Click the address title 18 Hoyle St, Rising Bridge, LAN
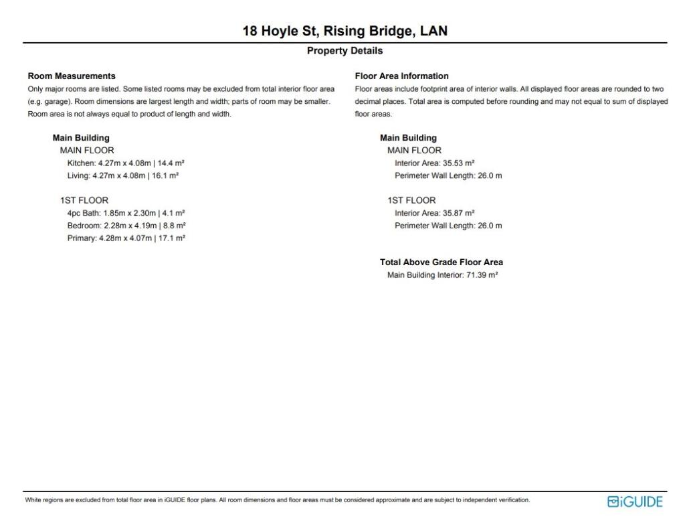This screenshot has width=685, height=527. click(x=345, y=31)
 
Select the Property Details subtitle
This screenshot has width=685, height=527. click(x=345, y=51)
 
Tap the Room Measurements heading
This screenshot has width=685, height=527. click(x=72, y=76)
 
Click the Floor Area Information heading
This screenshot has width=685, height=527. click(x=401, y=76)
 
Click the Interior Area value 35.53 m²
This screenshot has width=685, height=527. click(x=458, y=163)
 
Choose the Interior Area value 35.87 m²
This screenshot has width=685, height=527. click(x=458, y=213)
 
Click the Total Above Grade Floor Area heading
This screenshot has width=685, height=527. click(x=442, y=262)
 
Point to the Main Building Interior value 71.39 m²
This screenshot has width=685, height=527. click(x=482, y=275)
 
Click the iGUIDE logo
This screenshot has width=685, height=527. click(x=635, y=502)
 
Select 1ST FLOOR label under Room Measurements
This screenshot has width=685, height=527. click(x=84, y=200)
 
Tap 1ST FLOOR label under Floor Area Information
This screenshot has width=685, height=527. click(x=411, y=200)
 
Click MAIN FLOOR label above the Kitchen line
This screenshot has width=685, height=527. click(x=87, y=151)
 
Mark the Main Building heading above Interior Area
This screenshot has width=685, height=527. click(x=408, y=138)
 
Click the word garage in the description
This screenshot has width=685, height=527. click(x=55, y=102)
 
